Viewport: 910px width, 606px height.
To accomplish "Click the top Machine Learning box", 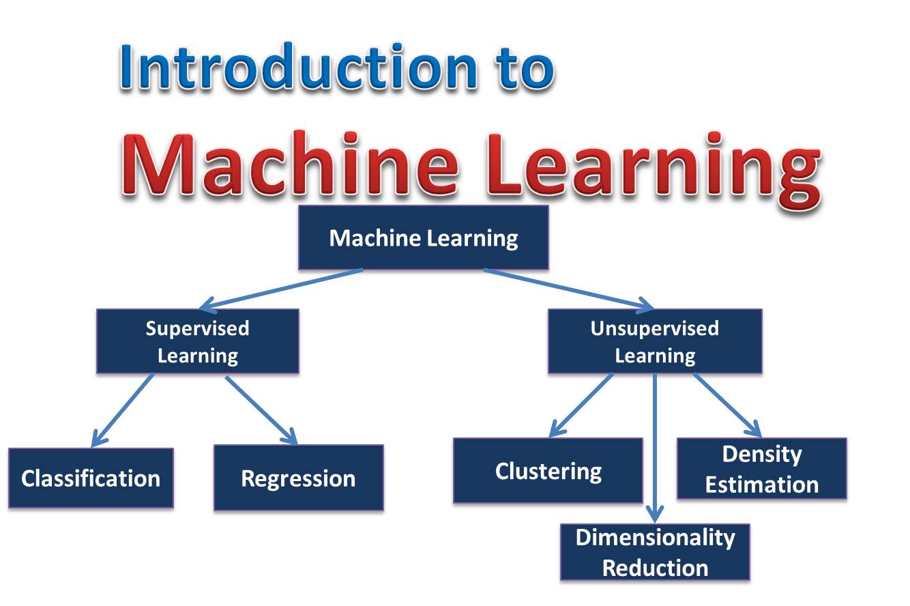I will [424, 237].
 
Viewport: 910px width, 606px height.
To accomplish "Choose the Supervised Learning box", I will [198, 341].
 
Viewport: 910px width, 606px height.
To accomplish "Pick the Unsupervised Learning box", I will [655, 341].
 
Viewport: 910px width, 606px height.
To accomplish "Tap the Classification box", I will [91, 478].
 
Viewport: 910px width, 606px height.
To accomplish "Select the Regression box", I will [298, 478].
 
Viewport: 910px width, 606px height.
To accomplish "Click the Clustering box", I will [548, 471].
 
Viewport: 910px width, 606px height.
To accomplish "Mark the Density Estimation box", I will [761, 469].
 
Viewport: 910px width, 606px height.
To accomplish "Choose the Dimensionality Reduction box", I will [655, 552].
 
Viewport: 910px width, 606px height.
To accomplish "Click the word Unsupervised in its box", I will [655, 328].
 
